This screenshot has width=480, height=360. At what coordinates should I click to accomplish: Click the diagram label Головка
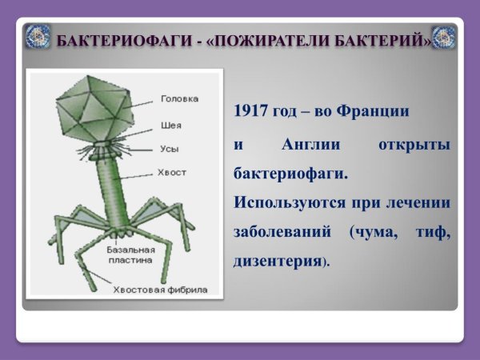(x=179, y=100)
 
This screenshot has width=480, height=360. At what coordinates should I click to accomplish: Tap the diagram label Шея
(x=170, y=126)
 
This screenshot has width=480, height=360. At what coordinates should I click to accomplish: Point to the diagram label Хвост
(x=172, y=171)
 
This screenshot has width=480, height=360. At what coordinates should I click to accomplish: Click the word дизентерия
(x=277, y=262)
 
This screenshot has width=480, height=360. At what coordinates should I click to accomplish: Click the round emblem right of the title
(x=444, y=37)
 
